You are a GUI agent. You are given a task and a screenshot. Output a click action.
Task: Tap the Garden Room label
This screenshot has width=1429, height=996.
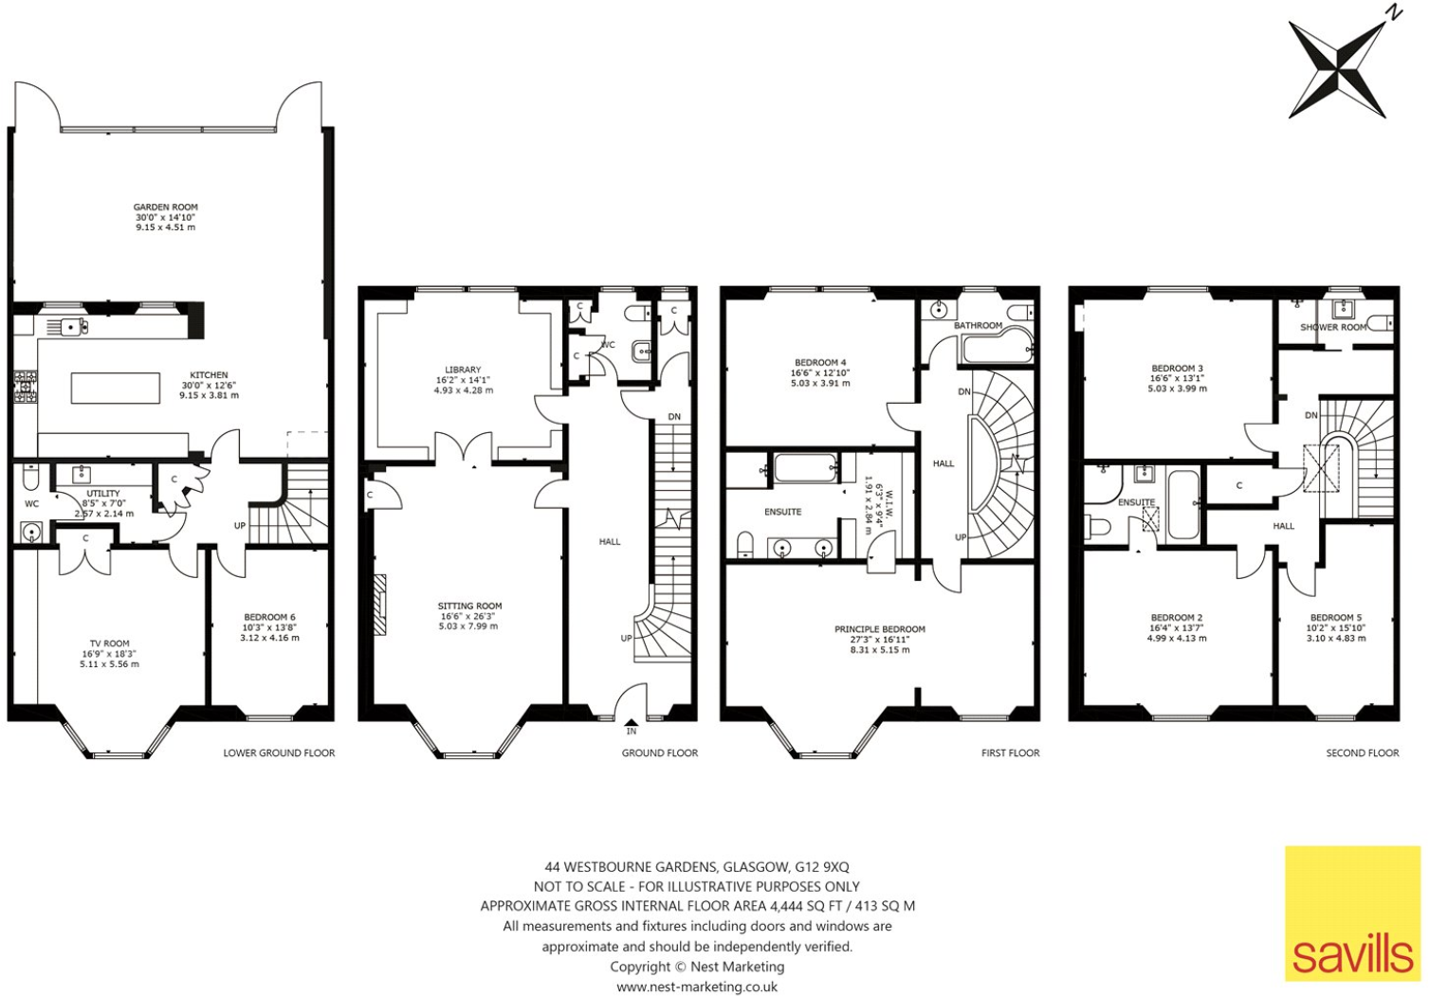(x=165, y=207)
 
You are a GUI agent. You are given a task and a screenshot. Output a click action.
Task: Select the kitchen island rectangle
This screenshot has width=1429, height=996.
(x=116, y=388)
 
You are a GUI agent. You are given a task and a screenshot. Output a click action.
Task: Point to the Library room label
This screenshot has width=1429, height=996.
(x=463, y=370)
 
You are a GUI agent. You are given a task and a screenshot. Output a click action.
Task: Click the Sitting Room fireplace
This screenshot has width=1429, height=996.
(x=379, y=605)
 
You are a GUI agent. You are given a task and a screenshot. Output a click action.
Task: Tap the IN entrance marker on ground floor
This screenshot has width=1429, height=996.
(x=632, y=731)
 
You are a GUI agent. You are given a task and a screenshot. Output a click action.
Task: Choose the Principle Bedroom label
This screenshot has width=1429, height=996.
(x=879, y=629)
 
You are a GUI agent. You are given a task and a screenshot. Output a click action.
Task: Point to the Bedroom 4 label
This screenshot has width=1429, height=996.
(x=820, y=362)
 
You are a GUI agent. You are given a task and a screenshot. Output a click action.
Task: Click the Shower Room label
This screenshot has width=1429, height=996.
(x=1332, y=327)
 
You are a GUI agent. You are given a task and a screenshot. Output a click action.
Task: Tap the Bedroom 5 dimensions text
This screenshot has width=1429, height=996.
(x=1337, y=638)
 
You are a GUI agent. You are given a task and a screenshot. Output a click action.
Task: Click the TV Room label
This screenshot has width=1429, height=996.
(x=110, y=643)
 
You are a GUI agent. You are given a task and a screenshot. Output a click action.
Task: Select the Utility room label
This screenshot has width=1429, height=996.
(x=103, y=494)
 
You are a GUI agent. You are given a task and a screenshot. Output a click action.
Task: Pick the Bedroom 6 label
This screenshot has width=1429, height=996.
(x=269, y=617)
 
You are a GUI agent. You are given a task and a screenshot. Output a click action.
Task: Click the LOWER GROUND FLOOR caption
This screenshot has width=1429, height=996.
(x=279, y=753)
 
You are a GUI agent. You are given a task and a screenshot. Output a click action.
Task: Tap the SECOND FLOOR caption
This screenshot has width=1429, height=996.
(x=1362, y=753)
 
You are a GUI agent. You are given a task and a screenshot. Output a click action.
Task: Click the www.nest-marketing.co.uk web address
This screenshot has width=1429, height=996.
(x=697, y=987)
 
